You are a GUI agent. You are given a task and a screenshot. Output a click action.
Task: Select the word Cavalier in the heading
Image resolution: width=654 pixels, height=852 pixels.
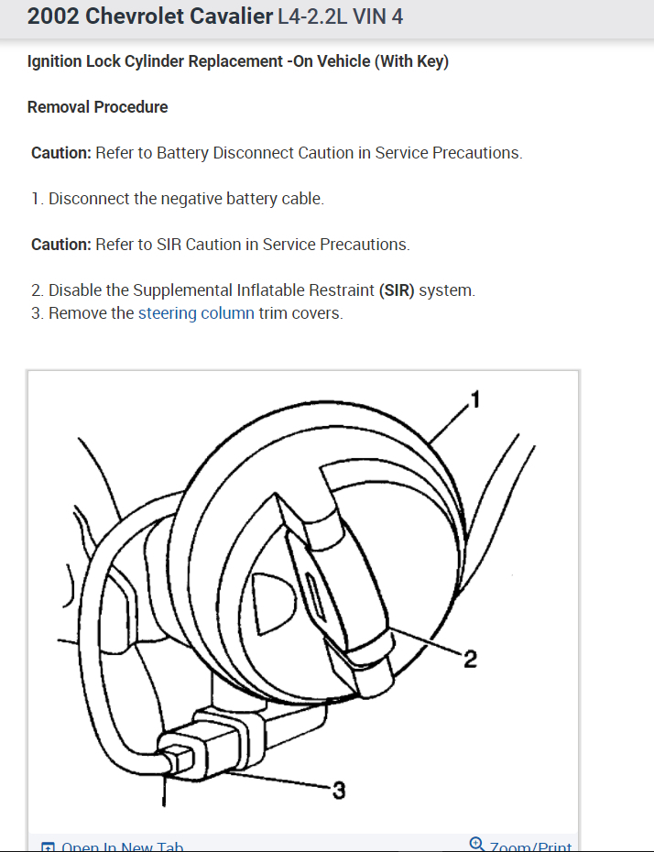click(229, 16)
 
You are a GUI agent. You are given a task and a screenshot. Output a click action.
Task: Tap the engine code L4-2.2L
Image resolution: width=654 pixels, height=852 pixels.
click(311, 16)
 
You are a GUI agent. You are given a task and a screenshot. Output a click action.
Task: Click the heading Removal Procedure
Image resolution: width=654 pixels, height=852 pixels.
click(97, 107)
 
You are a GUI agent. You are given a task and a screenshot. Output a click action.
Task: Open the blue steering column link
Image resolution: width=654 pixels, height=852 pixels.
click(196, 313)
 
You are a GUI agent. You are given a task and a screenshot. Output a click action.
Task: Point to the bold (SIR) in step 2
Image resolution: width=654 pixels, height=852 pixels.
click(397, 290)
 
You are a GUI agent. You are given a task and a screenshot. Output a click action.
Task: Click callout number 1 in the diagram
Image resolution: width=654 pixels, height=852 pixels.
click(474, 399)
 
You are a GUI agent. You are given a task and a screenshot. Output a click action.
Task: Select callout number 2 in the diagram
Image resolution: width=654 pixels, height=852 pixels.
click(469, 660)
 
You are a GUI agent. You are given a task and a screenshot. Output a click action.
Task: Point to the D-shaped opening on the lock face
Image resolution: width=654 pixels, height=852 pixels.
click(272, 601)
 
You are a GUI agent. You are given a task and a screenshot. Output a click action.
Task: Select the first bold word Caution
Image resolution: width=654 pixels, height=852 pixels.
click(60, 153)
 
